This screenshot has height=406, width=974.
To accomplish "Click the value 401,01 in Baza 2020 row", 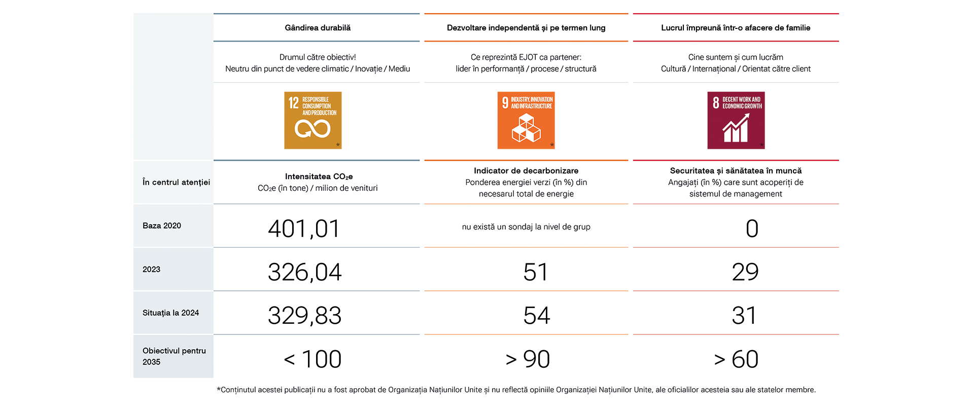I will (304, 228).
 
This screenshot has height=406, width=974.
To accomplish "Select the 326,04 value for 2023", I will (304, 272).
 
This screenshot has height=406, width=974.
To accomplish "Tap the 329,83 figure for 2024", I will (304, 316).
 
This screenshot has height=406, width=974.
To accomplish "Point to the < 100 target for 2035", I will (312, 359).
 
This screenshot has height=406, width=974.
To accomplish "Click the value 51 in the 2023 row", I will (536, 272).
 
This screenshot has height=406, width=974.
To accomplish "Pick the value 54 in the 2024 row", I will (536, 316).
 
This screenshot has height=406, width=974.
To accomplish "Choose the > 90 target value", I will (528, 359).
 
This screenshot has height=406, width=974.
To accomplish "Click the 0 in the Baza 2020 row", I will (752, 228).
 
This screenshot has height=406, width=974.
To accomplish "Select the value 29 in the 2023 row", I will (745, 272).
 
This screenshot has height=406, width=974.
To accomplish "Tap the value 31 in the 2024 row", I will (744, 316).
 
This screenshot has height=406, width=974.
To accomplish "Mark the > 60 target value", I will (736, 359).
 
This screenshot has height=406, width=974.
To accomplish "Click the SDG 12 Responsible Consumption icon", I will (312, 120).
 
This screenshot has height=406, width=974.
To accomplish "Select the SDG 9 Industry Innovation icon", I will (526, 120).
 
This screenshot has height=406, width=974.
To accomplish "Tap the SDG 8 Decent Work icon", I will (736, 120).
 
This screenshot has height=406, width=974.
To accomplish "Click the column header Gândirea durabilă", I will (318, 28).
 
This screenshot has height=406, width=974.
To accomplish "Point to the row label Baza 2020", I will (162, 226).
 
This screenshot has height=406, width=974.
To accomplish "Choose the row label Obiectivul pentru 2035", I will (174, 356).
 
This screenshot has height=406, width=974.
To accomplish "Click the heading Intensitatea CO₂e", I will (319, 177).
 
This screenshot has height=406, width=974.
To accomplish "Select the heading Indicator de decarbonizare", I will (526, 171).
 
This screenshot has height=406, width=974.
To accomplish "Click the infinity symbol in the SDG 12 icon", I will (312, 129).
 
